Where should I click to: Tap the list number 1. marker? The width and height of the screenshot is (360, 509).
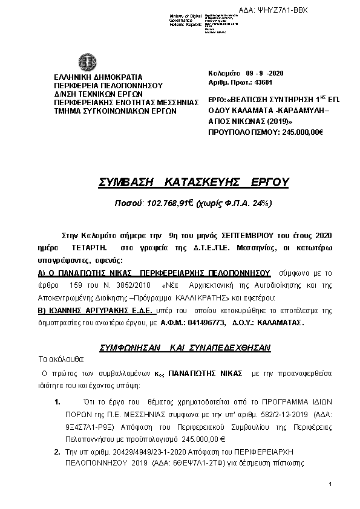click(57, 401)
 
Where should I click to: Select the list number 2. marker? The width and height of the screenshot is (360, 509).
click(57, 452)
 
